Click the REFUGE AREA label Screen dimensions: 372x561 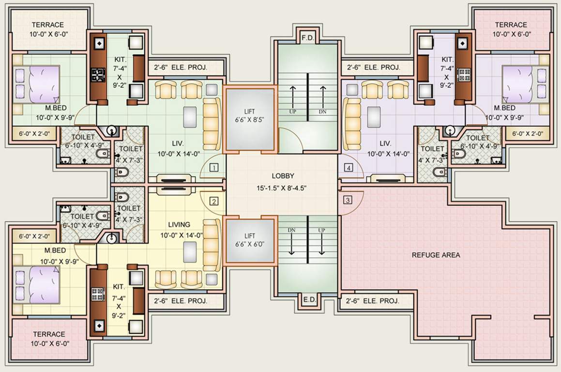click(436, 255)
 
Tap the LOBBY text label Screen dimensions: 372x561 click(283, 176)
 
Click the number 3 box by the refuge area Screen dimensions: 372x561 click(348, 200)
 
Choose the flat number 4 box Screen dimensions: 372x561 click(349, 168)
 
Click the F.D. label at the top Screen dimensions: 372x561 click(307, 38)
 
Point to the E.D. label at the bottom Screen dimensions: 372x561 click(308, 300)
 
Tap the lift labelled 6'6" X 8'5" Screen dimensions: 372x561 click(250, 119)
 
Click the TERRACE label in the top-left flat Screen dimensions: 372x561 click(48, 25)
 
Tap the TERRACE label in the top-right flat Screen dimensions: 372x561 click(511, 25)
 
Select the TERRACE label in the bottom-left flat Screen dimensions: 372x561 click(49, 334)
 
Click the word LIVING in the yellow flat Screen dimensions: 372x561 click(179, 224)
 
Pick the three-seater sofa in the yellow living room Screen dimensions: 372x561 click(212, 245)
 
